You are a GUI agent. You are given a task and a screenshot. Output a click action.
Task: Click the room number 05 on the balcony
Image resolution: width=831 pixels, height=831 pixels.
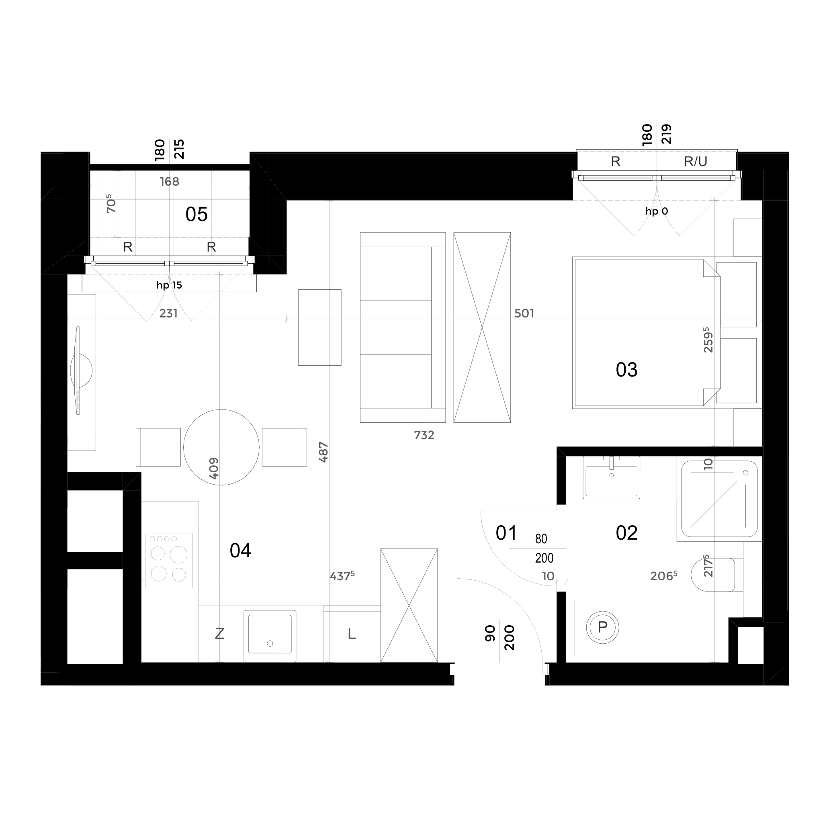(196, 214)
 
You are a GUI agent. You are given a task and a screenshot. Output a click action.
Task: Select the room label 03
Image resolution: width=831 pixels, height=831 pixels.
(627, 370)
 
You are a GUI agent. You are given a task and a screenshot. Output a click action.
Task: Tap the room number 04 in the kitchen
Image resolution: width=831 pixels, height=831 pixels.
(240, 551)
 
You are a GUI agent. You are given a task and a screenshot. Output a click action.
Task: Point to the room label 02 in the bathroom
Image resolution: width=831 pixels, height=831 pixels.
(627, 533)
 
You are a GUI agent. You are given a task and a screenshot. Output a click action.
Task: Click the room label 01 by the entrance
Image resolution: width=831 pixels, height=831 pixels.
(506, 533)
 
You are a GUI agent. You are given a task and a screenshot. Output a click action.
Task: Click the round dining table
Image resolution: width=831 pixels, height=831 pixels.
(221, 447)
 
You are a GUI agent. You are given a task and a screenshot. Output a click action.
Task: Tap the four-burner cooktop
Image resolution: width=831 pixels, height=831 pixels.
(169, 561)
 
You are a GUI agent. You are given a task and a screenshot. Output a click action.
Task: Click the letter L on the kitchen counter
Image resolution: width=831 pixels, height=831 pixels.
(352, 634)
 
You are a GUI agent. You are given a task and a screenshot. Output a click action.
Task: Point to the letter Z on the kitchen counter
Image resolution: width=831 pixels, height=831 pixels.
(219, 634)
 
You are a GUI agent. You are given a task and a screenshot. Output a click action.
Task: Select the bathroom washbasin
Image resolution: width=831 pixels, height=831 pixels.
(611, 477)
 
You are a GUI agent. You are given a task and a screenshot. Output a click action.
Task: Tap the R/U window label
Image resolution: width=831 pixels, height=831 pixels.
(696, 161)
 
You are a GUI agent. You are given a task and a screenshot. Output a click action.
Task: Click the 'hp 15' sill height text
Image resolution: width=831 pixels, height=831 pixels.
(169, 285)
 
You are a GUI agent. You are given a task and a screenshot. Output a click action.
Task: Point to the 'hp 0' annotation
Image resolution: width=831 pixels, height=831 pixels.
(657, 211)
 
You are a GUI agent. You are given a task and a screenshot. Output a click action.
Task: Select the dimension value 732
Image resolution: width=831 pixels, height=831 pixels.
(424, 435)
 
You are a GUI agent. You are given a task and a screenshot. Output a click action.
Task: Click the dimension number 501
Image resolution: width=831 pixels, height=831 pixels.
(524, 313)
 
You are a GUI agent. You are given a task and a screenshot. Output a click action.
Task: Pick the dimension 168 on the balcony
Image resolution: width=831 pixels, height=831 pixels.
(170, 182)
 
